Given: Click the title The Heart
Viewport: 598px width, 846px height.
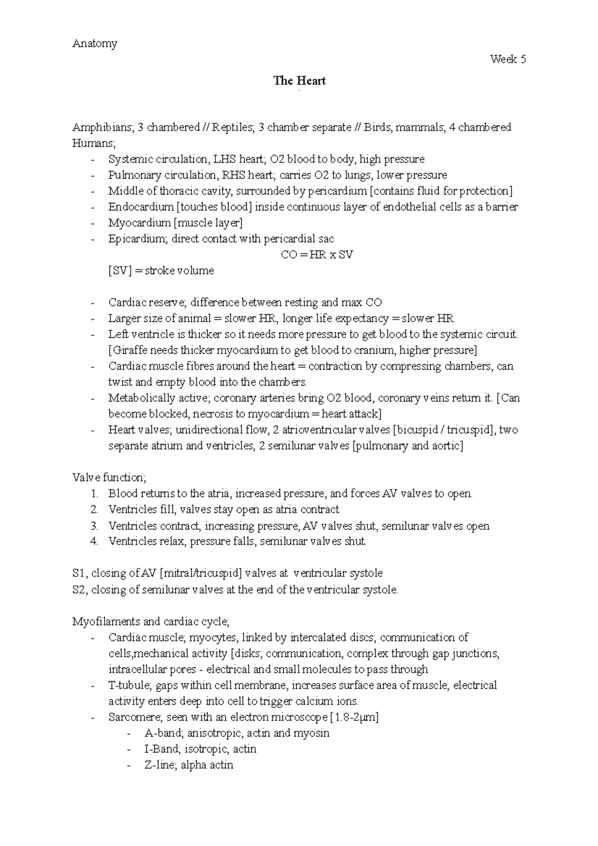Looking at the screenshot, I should point(299,81).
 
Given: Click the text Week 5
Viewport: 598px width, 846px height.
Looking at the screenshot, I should point(508,59).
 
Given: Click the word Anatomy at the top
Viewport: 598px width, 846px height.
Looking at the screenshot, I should point(95,44).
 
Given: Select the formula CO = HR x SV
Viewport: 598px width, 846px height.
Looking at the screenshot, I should point(317,255).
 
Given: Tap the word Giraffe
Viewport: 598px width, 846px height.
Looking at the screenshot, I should point(131,350).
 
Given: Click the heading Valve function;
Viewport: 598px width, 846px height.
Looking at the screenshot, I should point(109,478).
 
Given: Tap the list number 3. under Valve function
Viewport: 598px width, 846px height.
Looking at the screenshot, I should point(95,526).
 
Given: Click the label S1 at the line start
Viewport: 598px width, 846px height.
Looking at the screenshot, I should point(79,573).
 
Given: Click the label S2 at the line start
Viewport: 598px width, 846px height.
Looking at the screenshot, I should point(79,590).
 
